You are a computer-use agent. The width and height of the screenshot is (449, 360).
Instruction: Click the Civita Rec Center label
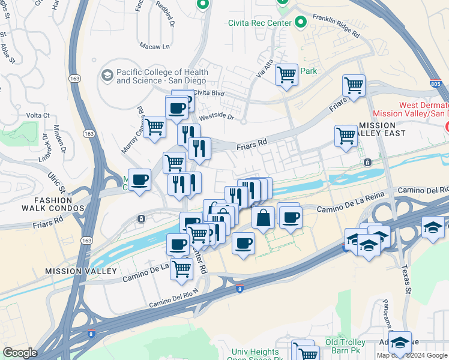point(259,23)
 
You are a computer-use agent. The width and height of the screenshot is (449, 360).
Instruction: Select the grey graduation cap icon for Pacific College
point(107,76)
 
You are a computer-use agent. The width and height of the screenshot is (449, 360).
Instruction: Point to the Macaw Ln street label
point(155,46)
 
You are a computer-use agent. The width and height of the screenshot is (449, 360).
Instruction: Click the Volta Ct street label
point(37,115)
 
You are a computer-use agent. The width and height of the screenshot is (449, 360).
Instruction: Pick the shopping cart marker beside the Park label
point(286,75)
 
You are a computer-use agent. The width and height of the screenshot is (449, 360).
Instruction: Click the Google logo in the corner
point(20,352)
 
